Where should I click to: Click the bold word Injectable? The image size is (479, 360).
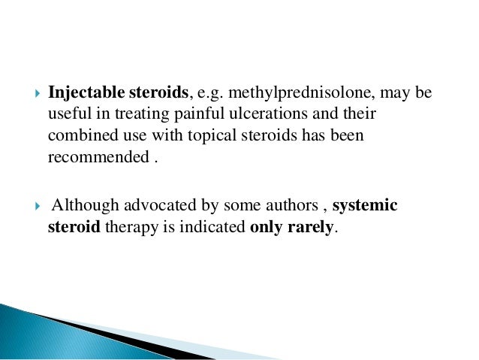pyautogui.click(x=82, y=94)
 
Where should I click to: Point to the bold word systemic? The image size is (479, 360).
pyautogui.click(x=365, y=206)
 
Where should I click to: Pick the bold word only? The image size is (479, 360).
pyautogui.click(x=267, y=228)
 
